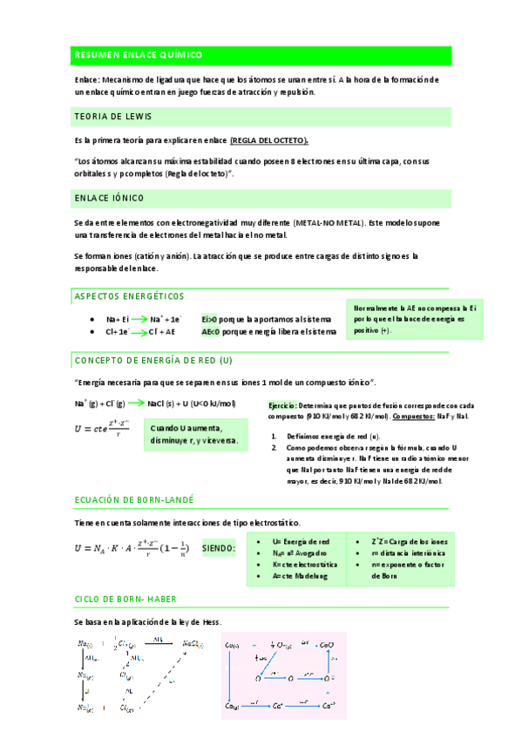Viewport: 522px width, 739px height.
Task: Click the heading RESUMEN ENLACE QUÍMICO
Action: point(139,55)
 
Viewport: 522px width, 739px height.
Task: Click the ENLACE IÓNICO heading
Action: point(110,199)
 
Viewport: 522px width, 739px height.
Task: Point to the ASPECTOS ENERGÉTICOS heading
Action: point(130,295)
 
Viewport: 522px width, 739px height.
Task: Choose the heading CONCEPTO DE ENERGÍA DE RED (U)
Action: point(153,360)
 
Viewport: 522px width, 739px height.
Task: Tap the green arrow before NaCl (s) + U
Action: point(137,404)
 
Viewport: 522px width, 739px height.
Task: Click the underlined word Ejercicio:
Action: point(282,406)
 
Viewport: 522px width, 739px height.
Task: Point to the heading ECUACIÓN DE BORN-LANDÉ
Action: point(134,500)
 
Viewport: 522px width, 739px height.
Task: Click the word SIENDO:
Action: point(219,548)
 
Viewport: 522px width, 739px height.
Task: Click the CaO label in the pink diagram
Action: point(326,645)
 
